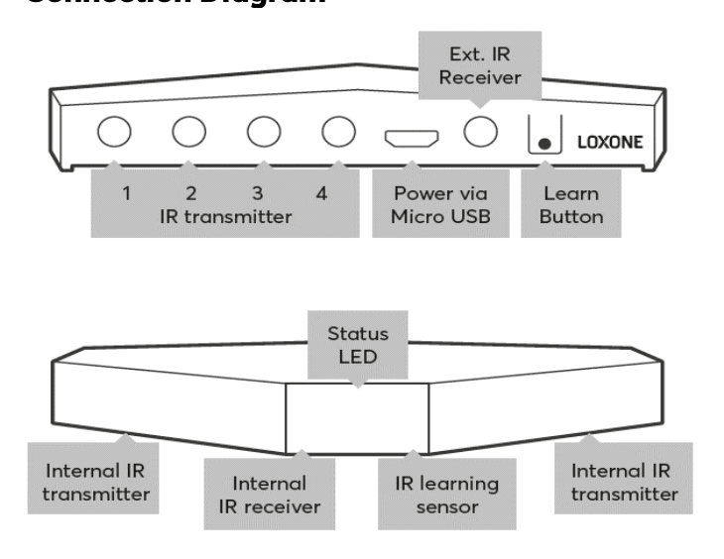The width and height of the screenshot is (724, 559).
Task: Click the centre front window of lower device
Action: tap(357, 413)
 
